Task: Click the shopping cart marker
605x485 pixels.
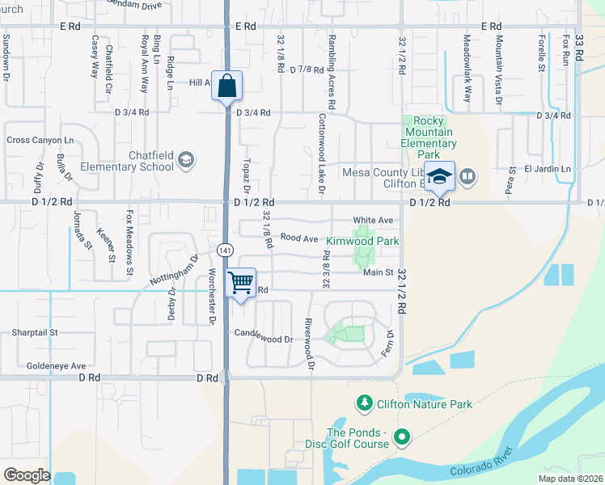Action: tap(239, 283)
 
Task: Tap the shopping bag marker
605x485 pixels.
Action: tap(227, 85)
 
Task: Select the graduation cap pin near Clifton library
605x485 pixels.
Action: tap(439, 176)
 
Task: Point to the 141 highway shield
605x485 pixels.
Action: tap(226, 249)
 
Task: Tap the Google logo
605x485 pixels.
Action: tap(27, 475)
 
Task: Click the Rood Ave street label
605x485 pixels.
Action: tap(299, 238)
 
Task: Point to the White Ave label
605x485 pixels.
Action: tap(373, 221)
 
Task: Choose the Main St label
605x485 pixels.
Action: tap(377, 273)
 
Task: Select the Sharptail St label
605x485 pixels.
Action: tap(35, 332)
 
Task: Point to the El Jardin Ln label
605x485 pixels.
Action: tap(547, 169)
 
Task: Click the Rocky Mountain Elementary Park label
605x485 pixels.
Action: tap(429, 133)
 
